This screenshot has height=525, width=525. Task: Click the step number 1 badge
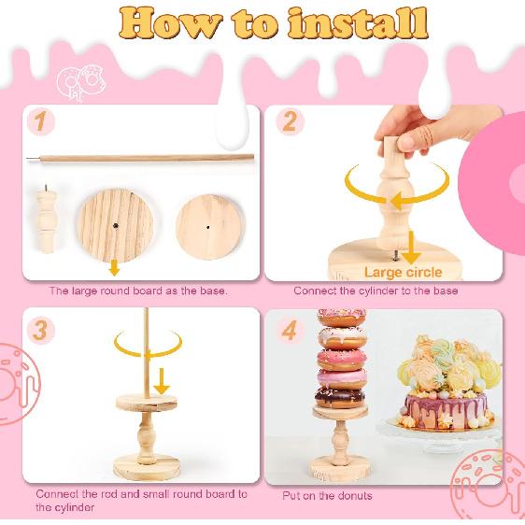pyautogui.click(x=37, y=121)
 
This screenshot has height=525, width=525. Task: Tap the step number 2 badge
pyautogui.click(x=290, y=121)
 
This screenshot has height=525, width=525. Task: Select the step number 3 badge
pyautogui.click(x=38, y=329)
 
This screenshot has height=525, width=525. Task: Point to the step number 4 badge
pyautogui.click(x=290, y=329)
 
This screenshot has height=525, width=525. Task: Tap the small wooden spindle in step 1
pyautogui.click(x=45, y=222)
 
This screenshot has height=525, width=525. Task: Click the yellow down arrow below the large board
pyautogui.click(x=114, y=268)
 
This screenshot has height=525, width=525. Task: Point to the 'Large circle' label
pyautogui.click(x=404, y=272)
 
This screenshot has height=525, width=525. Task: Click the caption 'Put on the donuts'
pyautogui.click(x=327, y=495)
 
